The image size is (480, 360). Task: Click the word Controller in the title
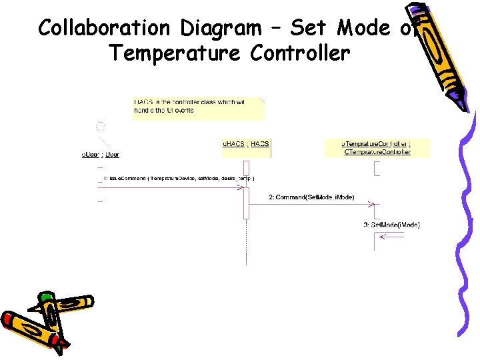(300, 52)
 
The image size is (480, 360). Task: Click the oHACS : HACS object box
(246, 148)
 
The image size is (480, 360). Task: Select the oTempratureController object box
(377, 148)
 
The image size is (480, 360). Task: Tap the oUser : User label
(100, 155)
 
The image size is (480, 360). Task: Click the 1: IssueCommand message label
(179, 179)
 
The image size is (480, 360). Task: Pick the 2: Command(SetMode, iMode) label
(311, 197)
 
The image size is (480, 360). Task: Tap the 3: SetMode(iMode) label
(391, 225)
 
